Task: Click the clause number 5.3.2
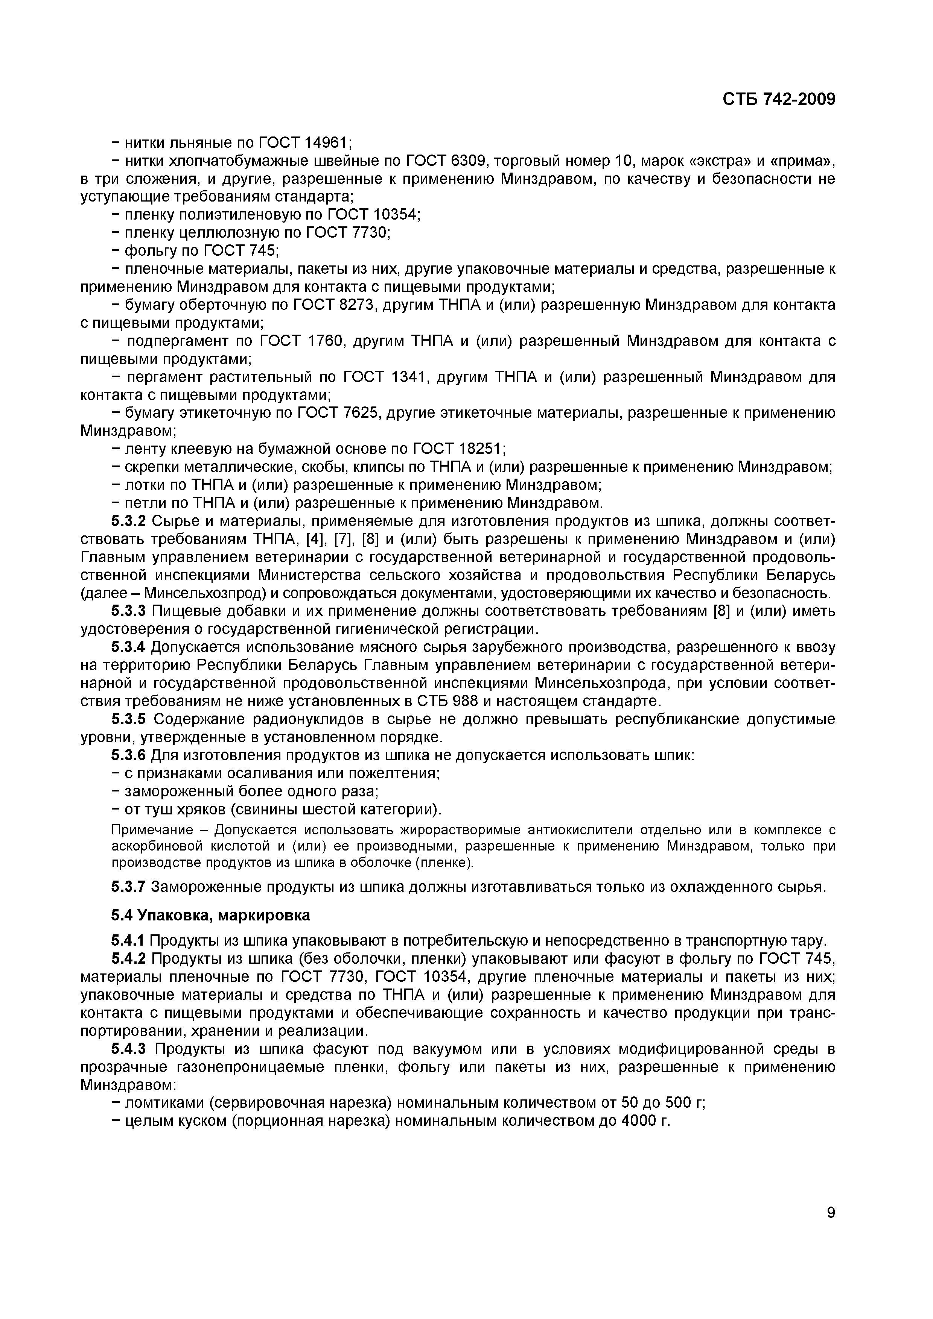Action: [129, 521]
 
